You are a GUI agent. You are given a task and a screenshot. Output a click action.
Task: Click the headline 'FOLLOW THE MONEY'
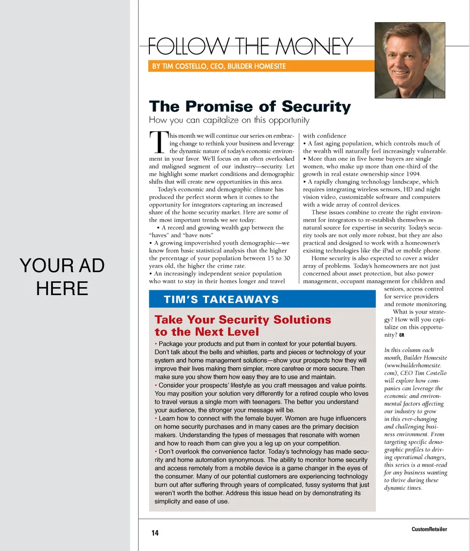250,47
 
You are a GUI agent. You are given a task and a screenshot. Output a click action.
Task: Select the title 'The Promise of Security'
250,106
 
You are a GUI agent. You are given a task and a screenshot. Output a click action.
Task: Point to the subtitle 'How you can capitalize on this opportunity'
229,120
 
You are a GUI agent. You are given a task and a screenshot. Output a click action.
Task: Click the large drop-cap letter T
158,143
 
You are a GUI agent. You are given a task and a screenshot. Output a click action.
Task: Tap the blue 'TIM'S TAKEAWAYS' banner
262,300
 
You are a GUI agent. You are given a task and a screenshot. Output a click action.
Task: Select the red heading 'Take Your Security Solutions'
243,320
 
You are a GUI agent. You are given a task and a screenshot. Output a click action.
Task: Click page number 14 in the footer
155,533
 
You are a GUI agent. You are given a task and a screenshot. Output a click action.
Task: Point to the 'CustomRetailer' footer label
429,529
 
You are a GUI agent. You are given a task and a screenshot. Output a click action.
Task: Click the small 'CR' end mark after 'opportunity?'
401,336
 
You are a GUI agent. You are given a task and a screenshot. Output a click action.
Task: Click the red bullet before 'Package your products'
156,344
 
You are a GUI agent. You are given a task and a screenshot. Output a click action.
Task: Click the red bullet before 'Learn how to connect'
156,419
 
